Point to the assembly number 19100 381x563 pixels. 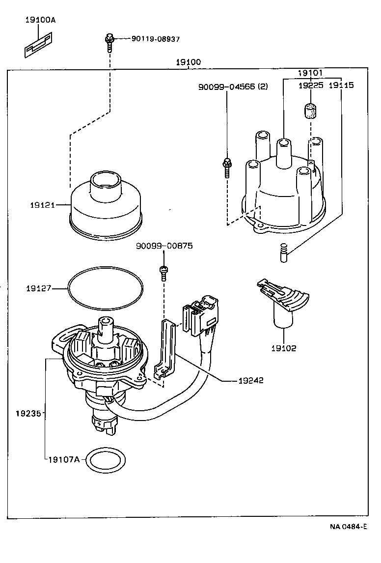(188, 62)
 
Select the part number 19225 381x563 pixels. (311, 85)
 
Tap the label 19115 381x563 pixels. (341, 85)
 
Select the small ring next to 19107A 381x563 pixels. (106, 460)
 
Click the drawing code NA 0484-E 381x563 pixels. (348, 527)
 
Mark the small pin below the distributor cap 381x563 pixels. (283, 253)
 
